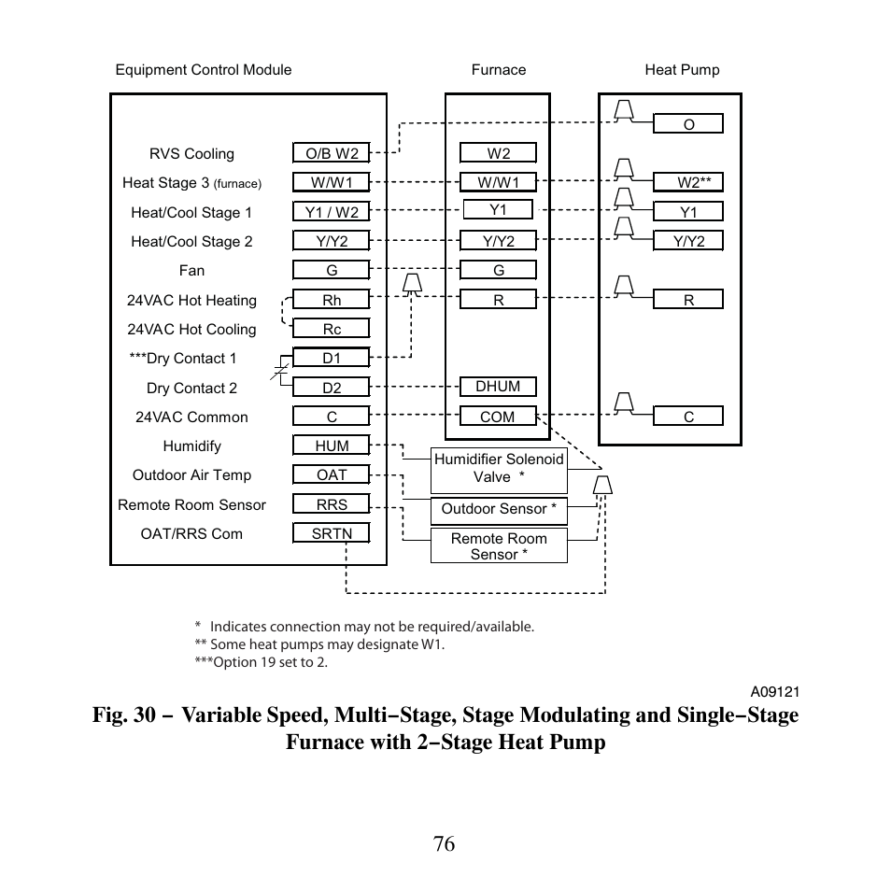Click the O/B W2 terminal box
pyautogui.click(x=332, y=153)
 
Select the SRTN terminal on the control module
pyautogui.click(x=331, y=533)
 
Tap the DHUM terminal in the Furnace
pyautogui.click(x=498, y=387)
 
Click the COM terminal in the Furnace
pyautogui.click(x=498, y=417)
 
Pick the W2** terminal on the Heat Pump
pyautogui.click(x=688, y=183)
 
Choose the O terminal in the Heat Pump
pyautogui.click(x=688, y=124)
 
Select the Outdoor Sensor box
pyautogui.click(x=499, y=509)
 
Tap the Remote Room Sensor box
pyautogui.click(x=499, y=545)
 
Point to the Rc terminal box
pyautogui.click(x=332, y=329)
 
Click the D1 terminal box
pyautogui.click(x=332, y=358)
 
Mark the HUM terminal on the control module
pyautogui.click(x=332, y=445)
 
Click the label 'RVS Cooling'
pyautogui.click(x=191, y=154)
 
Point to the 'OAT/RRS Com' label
pyautogui.click(x=191, y=534)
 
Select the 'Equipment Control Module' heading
pyautogui.click(x=204, y=70)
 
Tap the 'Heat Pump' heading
pyautogui.click(x=682, y=70)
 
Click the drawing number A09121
pyautogui.click(x=775, y=692)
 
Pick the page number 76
pyautogui.click(x=445, y=843)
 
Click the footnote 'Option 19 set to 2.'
pyautogui.click(x=262, y=662)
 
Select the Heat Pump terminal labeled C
pyautogui.click(x=688, y=417)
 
